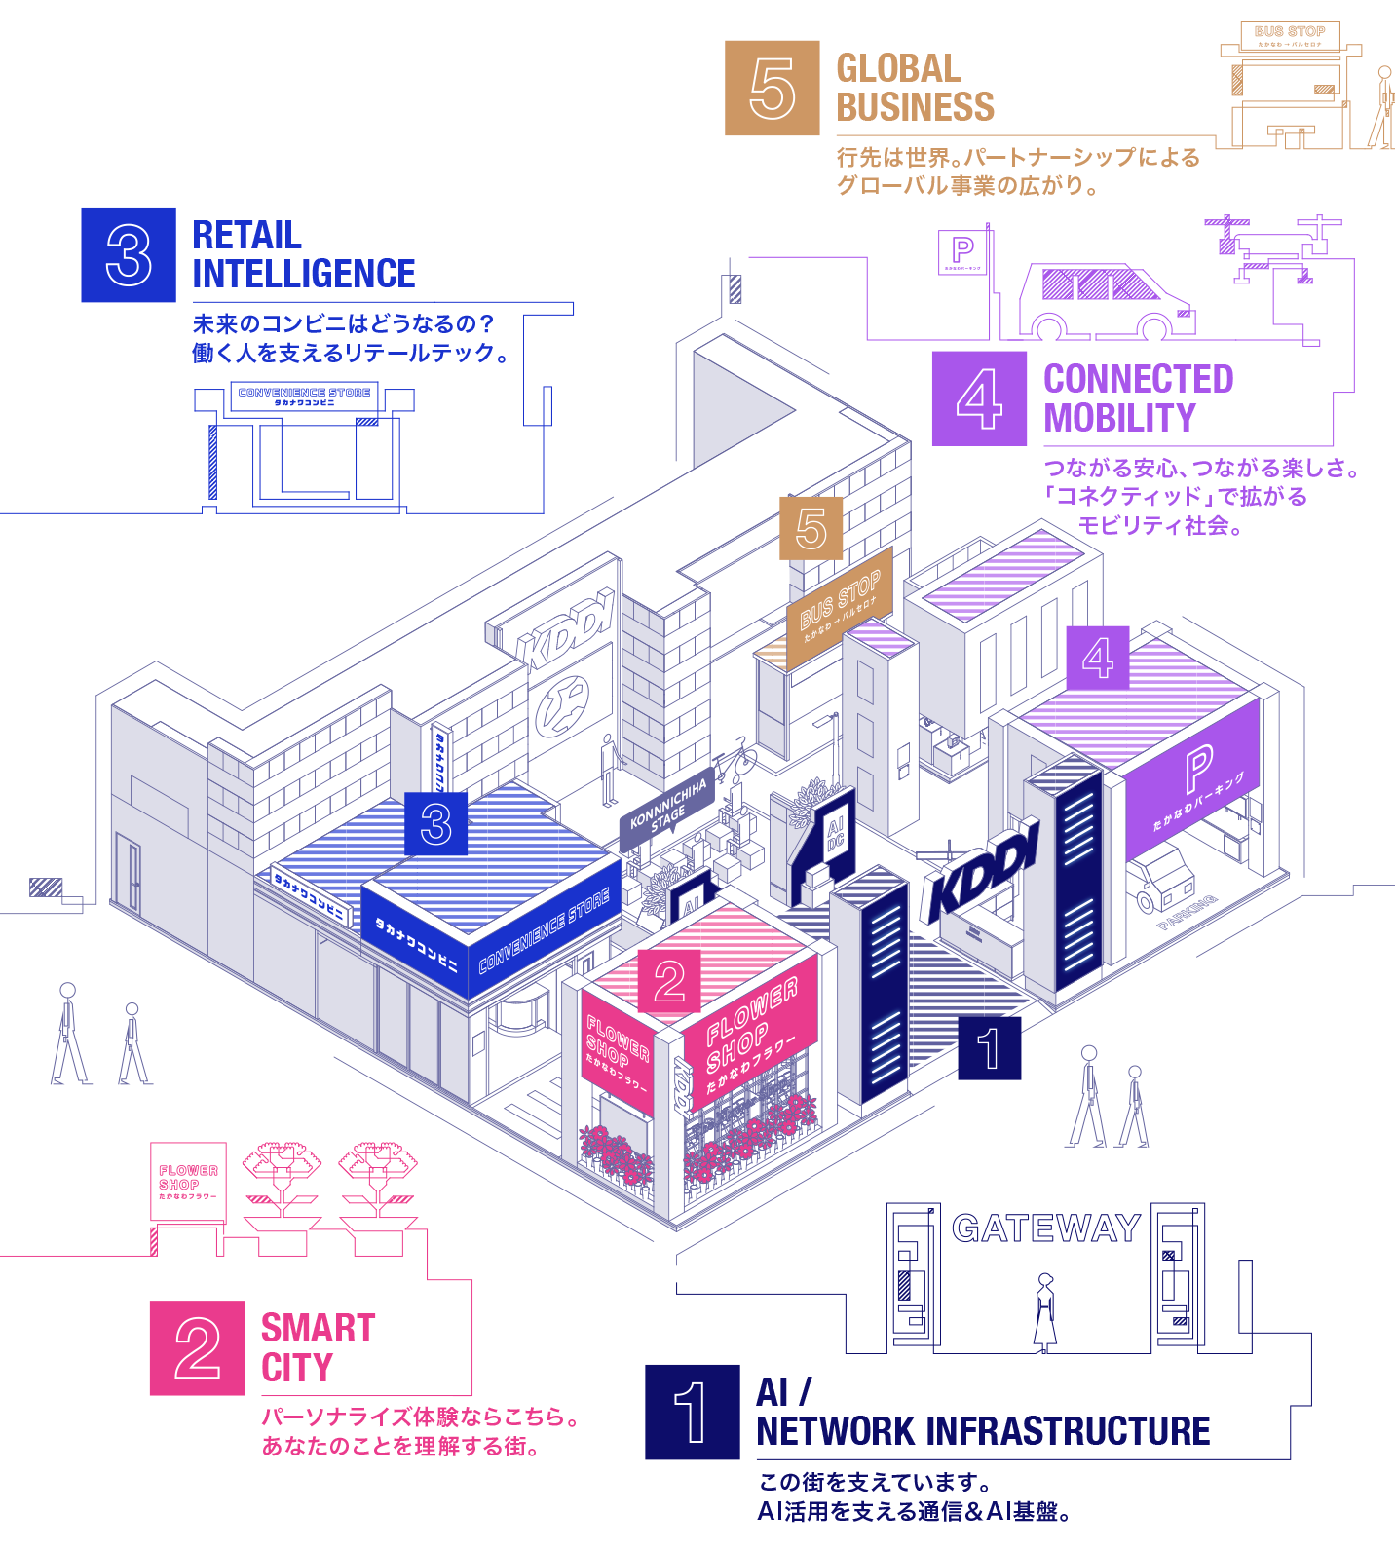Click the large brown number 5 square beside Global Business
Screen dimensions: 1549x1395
point(772,88)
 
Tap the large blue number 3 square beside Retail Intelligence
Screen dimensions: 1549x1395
point(129,254)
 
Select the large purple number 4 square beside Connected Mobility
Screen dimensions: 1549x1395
point(979,398)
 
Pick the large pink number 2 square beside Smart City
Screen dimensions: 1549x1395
point(197,1347)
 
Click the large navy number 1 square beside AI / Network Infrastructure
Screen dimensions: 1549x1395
point(692,1412)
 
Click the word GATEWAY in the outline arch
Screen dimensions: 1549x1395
point(1046,1228)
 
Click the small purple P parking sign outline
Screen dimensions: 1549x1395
point(962,251)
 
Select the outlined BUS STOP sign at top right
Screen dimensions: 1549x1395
point(1290,36)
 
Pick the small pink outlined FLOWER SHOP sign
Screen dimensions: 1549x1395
point(188,1181)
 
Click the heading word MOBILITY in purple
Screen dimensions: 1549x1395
point(1119,418)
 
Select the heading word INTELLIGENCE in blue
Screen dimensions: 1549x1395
point(304,274)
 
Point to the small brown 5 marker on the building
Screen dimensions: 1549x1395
point(811,528)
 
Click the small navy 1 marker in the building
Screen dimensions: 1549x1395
point(989,1048)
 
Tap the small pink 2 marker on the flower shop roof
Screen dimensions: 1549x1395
point(669,981)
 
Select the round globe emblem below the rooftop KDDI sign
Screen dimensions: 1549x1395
point(562,706)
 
